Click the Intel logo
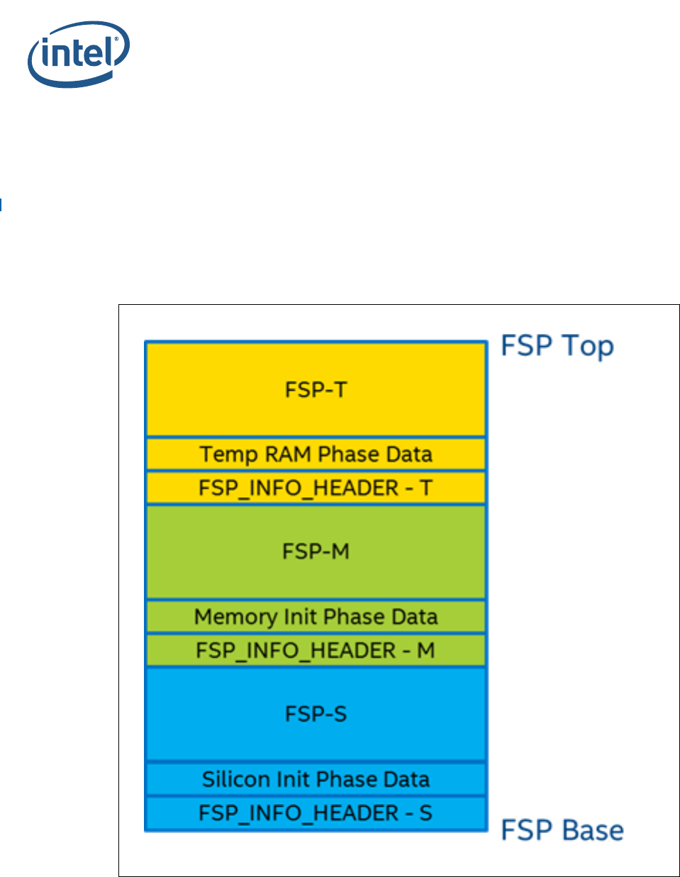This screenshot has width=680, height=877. [78, 54]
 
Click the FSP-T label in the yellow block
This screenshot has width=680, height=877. [316, 390]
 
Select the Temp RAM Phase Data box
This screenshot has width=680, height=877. [316, 454]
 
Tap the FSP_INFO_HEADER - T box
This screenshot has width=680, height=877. [316, 488]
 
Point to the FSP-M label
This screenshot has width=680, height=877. [316, 552]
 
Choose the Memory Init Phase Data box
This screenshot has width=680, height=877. [316, 617]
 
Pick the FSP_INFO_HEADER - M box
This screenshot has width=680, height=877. [316, 651]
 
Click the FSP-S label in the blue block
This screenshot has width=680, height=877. [316, 714]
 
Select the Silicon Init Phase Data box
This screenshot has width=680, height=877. [316, 779]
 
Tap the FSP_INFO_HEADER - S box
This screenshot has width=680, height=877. [316, 813]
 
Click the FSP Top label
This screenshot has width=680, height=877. [557, 346]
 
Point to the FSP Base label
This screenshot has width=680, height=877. [562, 830]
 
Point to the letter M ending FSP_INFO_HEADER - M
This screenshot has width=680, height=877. [425, 651]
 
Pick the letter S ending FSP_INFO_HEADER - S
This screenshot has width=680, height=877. [425, 813]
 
